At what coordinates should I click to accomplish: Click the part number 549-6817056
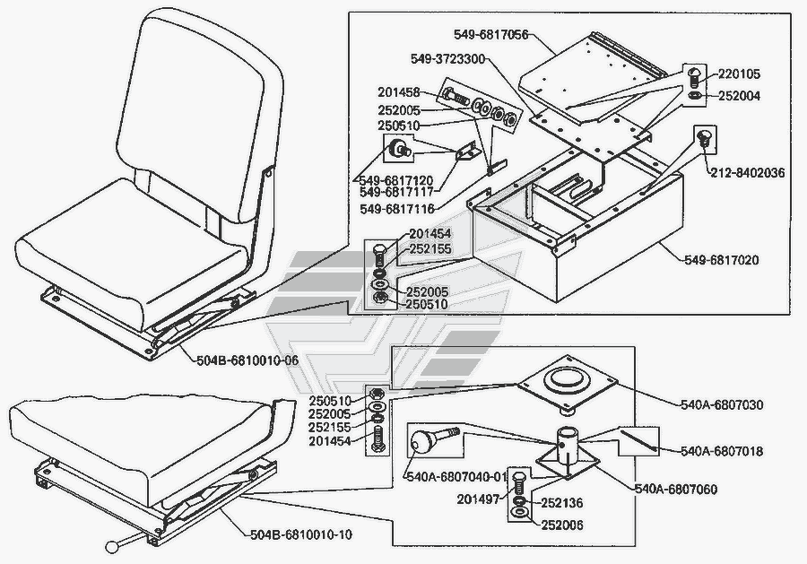click(x=492, y=37)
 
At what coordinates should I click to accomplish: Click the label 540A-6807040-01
click(x=456, y=476)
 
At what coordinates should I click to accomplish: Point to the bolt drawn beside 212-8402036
click(x=703, y=140)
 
